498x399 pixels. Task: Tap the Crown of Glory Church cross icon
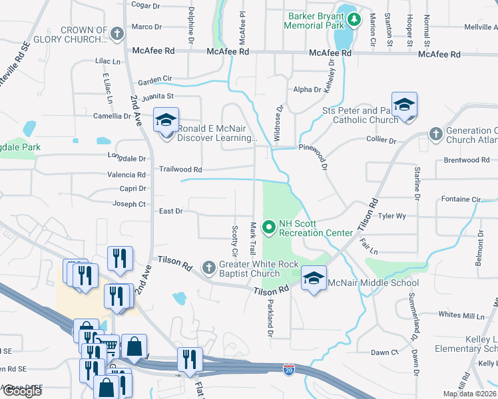click(117, 34)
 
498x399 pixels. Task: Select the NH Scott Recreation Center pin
click(270, 228)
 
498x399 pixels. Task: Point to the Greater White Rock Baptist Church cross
click(209, 267)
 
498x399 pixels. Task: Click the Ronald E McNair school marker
click(166, 120)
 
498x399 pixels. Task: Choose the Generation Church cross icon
click(435, 134)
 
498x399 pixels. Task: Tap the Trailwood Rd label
click(180, 170)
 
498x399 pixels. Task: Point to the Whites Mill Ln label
click(461, 314)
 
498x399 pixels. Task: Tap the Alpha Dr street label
click(307, 90)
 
